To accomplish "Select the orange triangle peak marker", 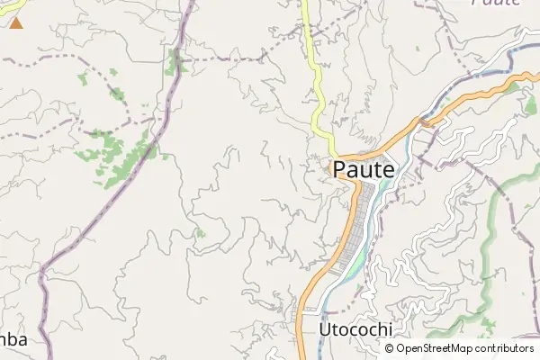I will (x=16, y=21).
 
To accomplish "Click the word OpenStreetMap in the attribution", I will (x=435, y=348).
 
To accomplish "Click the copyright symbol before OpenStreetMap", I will (x=390, y=348).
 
